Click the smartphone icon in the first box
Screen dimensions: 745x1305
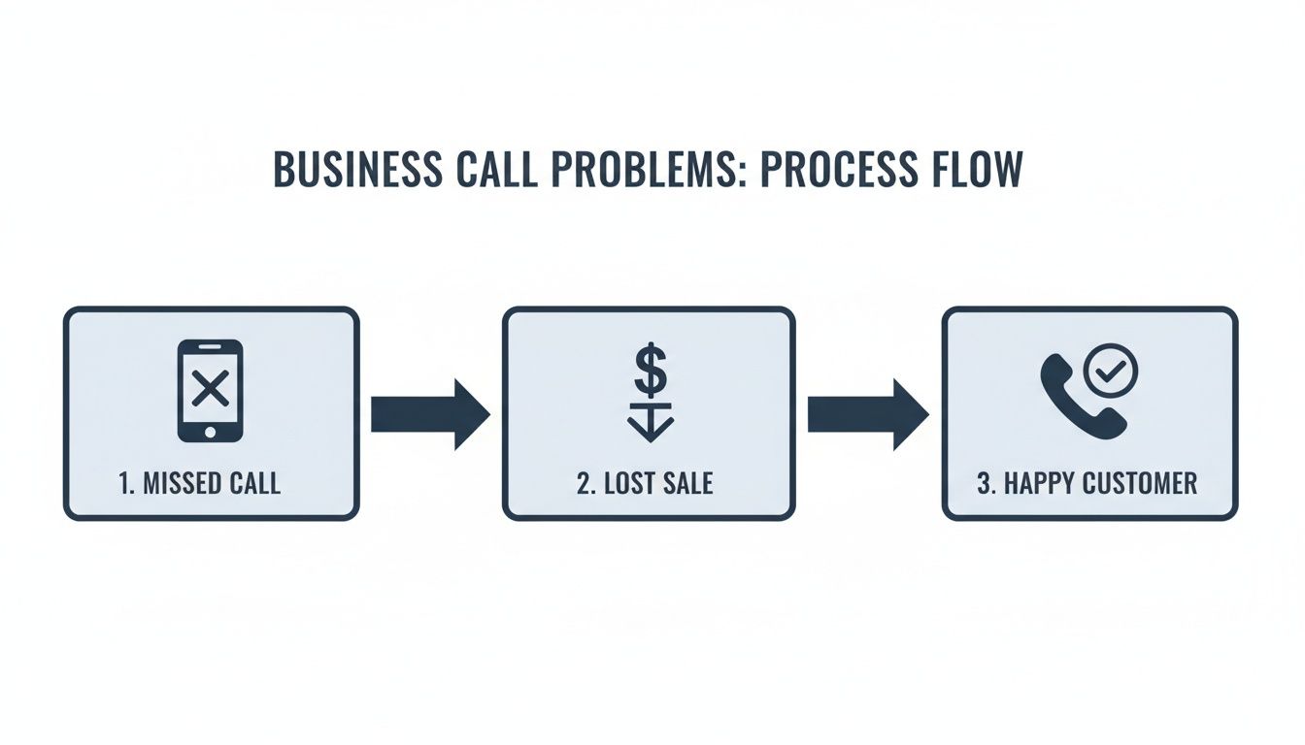(210, 390)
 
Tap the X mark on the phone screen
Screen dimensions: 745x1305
(210, 389)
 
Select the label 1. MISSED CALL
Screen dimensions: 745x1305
(200, 483)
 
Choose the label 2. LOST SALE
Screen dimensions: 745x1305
(645, 483)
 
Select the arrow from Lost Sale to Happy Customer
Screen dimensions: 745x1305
(868, 414)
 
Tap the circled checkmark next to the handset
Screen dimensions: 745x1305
(1111, 370)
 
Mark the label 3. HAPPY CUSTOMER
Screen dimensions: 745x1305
(1087, 483)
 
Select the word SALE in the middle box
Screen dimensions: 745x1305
(687, 483)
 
